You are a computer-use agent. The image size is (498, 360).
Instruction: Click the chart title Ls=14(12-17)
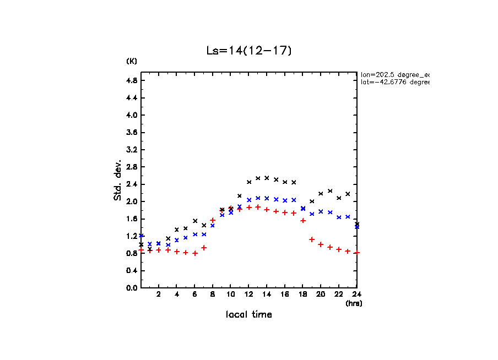coord(248,51)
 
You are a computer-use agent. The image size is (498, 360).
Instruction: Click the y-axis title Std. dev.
coord(118,180)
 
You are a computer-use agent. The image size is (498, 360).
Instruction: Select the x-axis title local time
coord(248,315)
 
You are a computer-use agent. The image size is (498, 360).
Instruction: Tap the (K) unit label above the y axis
coord(132,61)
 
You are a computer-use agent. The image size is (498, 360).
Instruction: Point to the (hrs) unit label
coord(354,303)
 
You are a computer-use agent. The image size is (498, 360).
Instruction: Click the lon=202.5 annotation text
coord(394,74)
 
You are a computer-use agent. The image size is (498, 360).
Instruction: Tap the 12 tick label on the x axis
coord(249,294)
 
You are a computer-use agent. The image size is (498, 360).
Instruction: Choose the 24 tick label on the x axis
coord(357,294)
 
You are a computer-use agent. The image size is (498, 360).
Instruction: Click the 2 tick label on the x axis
coord(159,294)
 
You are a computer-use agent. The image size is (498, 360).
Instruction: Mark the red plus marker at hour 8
coord(213,220)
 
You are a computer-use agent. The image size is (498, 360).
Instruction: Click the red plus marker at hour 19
coord(312,239)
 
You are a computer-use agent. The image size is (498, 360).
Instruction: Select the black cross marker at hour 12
coord(249,182)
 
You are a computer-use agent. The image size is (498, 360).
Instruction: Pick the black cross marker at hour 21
coord(330,191)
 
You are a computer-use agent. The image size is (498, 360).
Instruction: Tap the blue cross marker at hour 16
coord(285,200)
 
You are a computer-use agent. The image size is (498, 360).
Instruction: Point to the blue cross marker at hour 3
coord(168,244)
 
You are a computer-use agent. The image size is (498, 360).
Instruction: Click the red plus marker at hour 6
coord(195,253)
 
